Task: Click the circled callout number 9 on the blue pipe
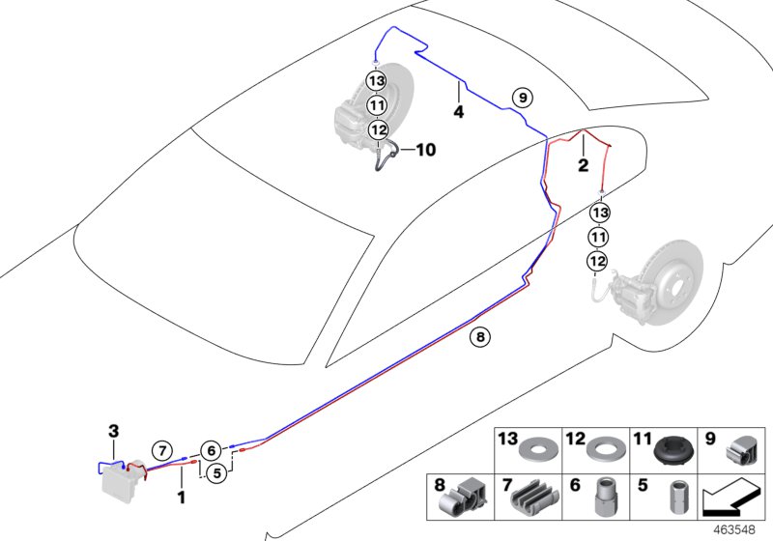point(521,97)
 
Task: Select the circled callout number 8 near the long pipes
point(479,337)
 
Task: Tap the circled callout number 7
point(163,450)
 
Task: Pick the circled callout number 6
point(211,449)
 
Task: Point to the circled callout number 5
point(216,472)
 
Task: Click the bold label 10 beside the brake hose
point(426,150)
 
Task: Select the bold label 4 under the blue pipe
point(459,112)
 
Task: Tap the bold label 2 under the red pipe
point(583,165)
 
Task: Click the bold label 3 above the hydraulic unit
point(113,430)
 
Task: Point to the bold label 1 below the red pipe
point(181,497)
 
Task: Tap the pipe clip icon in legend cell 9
point(742,450)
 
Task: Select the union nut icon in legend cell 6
point(604,498)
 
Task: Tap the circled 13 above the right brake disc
point(599,212)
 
